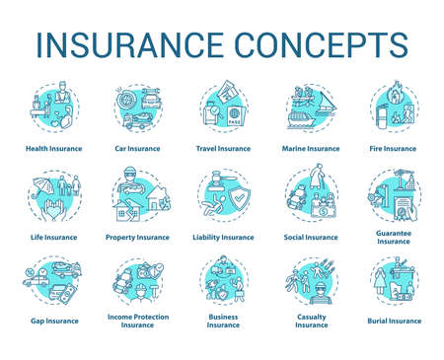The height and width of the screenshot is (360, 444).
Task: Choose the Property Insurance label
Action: pyautogui.click(x=138, y=238)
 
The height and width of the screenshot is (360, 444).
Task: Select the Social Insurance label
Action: pyautogui.click(x=309, y=238)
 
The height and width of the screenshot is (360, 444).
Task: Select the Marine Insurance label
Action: pyautogui.click(x=309, y=149)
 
